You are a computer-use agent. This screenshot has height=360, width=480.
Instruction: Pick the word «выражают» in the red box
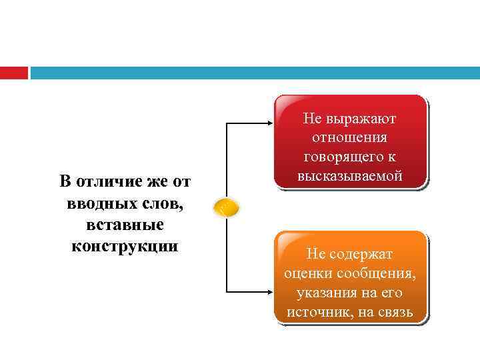click(x=360, y=119)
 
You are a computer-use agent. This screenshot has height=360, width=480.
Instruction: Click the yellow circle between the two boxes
click(x=225, y=209)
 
